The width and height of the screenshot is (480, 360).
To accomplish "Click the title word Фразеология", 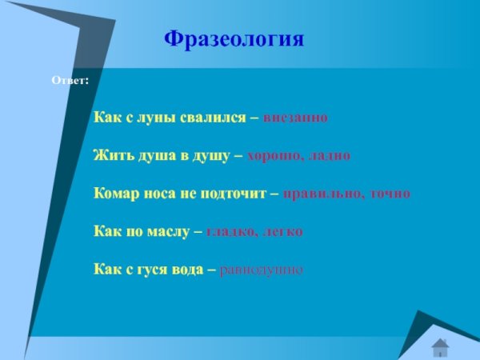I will (234, 39).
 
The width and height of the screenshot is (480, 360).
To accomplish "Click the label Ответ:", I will (70, 82).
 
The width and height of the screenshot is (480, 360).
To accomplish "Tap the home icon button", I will (440, 346).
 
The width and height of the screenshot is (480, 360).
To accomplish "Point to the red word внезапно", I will (295, 117).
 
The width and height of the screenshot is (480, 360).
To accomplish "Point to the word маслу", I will (166, 232).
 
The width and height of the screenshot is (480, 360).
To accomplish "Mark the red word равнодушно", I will (261, 270).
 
